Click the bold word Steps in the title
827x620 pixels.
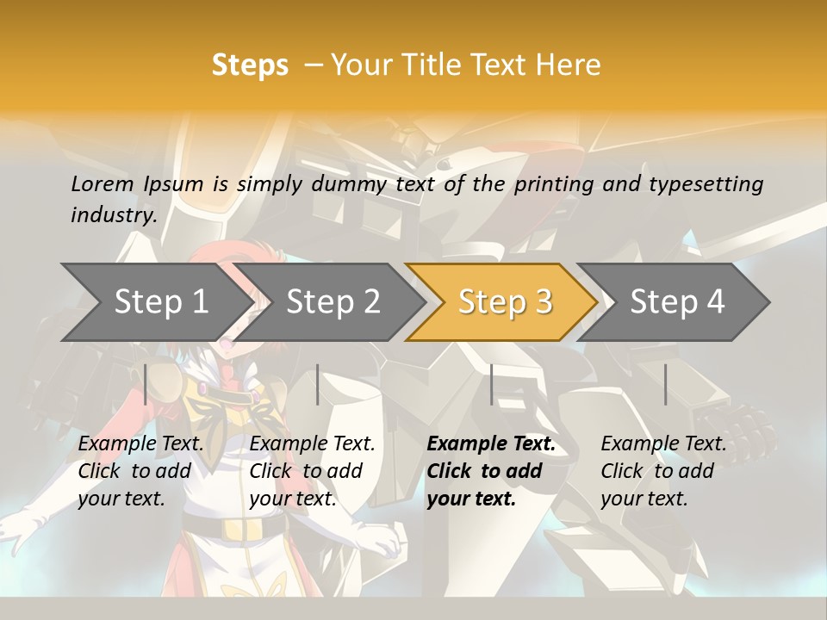tap(250, 65)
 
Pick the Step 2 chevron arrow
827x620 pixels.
tap(333, 302)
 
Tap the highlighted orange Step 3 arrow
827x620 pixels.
tap(505, 302)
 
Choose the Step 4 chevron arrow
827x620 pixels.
tap(677, 302)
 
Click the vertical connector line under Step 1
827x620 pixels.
tap(146, 384)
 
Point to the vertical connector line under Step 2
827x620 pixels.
tap(318, 384)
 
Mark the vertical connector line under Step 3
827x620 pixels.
tap(491, 384)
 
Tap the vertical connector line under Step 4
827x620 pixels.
tap(665, 384)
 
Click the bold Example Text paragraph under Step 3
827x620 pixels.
tap(491, 471)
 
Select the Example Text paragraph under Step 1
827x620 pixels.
tap(141, 471)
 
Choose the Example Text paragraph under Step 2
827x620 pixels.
tap(312, 471)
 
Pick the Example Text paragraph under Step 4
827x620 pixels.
tap(663, 471)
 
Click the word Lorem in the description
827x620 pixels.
tap(102, 184)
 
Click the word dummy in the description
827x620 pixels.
tap(351, 184)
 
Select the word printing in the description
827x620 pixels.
tap(554, 184)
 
